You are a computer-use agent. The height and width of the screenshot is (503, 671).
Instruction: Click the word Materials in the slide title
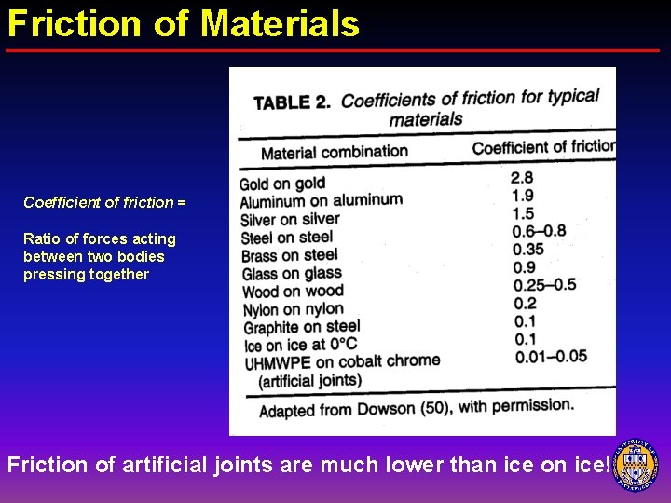point(280,23)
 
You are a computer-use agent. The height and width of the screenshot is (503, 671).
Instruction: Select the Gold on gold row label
point(282,184)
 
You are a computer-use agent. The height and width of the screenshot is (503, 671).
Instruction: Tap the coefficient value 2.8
point(522,177)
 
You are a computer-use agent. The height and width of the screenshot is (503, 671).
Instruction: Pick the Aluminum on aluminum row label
point(321,200)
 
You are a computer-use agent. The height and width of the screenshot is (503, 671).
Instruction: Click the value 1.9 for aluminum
point(522,195)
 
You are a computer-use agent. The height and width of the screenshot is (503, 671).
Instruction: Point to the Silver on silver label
point(290,220)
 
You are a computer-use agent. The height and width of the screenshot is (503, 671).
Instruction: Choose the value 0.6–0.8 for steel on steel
point(539,231)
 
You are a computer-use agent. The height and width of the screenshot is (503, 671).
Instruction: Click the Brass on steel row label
point(289,255)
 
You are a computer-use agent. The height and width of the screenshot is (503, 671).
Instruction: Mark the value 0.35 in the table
point(527,249)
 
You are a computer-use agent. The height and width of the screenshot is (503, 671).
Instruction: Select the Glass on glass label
point(292,273)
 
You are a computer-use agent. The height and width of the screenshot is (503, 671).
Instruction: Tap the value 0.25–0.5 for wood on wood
point(544,285)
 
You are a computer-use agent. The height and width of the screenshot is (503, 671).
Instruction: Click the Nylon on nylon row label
point(294,309)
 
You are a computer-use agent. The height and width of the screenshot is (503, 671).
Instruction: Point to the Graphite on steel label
point(301,327)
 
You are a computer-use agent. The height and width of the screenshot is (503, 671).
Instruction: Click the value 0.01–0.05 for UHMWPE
point(550,355)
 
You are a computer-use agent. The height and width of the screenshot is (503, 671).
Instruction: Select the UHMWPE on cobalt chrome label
point(342,362)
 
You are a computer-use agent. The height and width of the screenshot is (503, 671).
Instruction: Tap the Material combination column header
point(334,152)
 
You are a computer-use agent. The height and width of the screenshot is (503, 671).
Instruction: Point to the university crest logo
point(638,462)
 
